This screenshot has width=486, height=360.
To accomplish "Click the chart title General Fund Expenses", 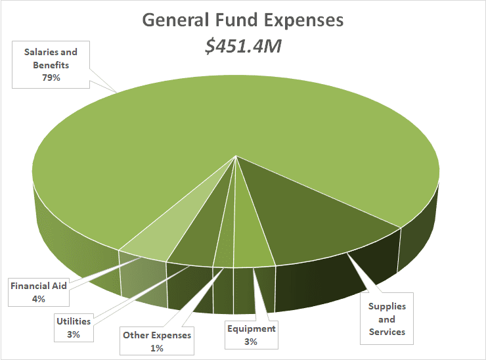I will point(242,20).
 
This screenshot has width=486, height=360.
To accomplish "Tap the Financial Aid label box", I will point(37,292).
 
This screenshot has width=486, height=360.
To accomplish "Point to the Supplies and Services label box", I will point(387,319).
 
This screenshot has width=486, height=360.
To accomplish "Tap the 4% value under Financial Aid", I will point(37,299).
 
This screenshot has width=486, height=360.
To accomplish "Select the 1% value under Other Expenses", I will point(157,348).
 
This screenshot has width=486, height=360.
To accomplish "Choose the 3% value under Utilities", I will point(72,334).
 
